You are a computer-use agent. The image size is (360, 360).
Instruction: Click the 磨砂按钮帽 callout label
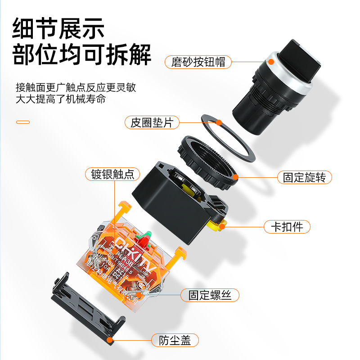click(198, 62)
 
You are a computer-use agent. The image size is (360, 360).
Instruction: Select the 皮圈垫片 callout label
click(152, 122)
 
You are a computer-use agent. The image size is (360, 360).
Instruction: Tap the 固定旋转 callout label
click(304, 177)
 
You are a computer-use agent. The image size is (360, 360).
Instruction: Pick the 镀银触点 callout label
click(112, 174)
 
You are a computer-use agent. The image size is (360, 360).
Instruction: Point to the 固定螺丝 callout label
click(210, 295)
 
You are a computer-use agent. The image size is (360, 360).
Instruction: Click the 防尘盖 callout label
click(175, 340)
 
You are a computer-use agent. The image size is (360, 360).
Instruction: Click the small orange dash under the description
click(22, 122)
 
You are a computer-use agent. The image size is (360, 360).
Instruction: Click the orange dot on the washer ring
click(219, 122)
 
